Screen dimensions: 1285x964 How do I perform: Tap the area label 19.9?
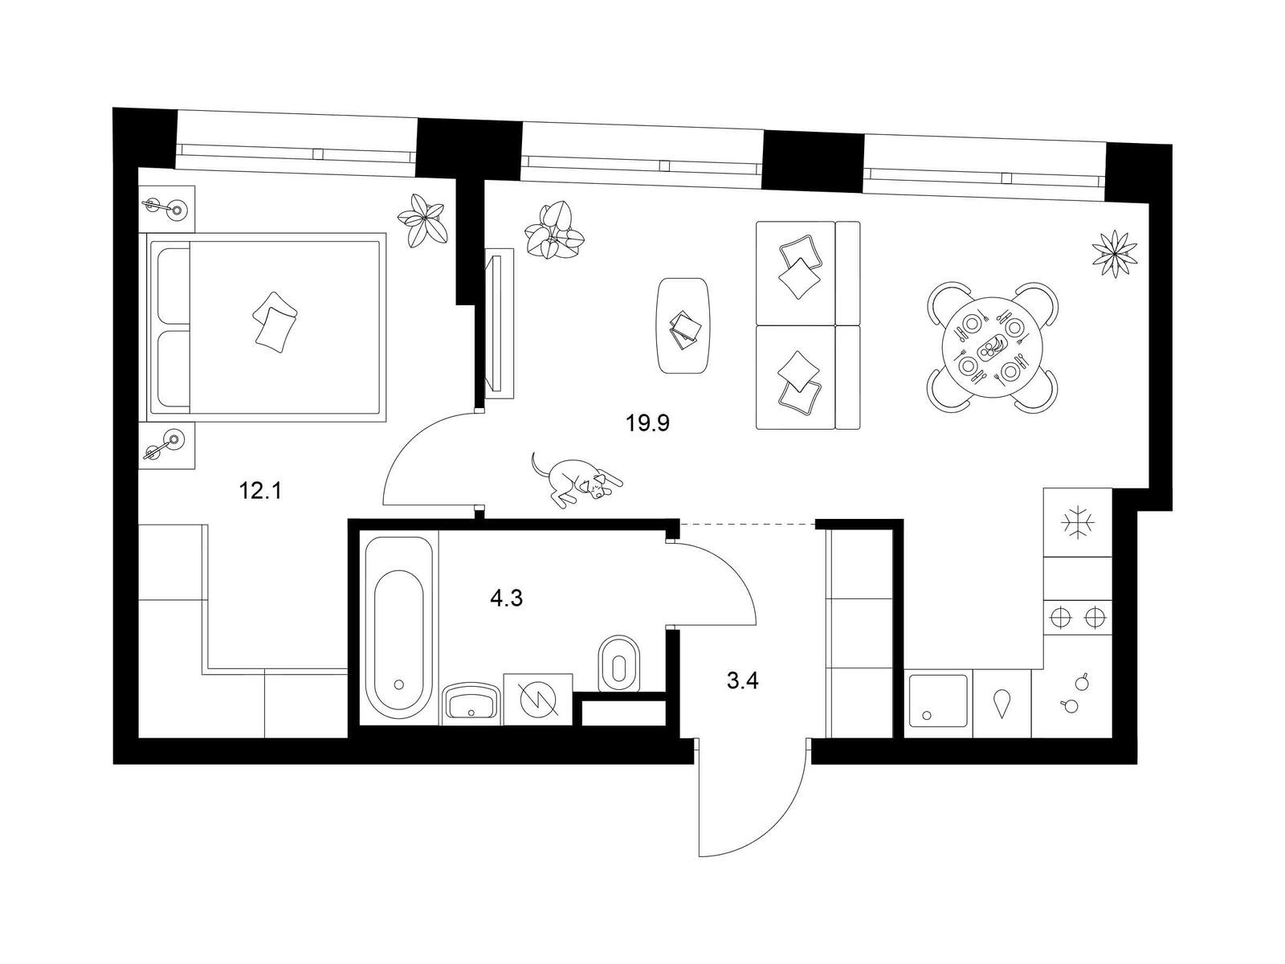(647, 423)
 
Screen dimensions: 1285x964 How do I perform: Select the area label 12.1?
(260, 491)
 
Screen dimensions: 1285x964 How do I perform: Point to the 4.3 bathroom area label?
(506, 598)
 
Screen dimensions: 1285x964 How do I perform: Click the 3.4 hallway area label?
(742, 680)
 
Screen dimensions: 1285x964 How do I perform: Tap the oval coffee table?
(684, 325)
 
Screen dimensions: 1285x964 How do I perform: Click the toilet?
(619, 664)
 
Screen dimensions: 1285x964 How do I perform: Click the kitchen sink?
(938, 701)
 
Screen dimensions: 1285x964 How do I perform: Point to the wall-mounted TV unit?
(499, 324)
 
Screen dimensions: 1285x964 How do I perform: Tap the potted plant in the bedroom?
(422, 221)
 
